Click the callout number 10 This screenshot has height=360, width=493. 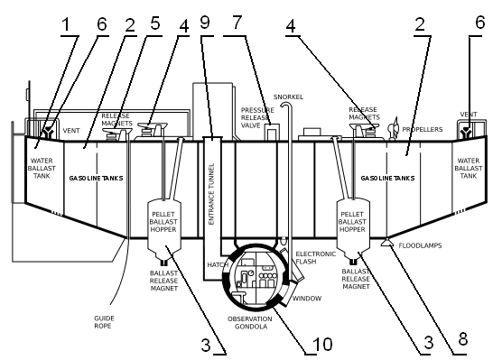322,344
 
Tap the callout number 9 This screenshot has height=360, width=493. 205,23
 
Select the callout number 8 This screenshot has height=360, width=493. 462,339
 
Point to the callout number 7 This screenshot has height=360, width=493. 237,23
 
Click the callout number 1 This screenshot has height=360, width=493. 65,24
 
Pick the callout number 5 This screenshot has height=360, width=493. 155,23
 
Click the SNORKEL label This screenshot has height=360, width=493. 288,97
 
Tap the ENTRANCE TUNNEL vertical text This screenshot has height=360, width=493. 211,194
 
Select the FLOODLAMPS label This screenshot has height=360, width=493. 420,245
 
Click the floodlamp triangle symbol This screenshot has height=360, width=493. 386,243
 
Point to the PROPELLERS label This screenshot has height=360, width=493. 423,129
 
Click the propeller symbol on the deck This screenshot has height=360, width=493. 393,128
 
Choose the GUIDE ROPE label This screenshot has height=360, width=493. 104,322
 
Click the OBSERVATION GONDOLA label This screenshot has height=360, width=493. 250,323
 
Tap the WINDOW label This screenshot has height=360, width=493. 307,299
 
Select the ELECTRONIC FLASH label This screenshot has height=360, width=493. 316,257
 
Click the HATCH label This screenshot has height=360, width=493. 218,265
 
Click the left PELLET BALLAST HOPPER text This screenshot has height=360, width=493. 163,222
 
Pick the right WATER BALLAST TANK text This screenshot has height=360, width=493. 469,169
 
